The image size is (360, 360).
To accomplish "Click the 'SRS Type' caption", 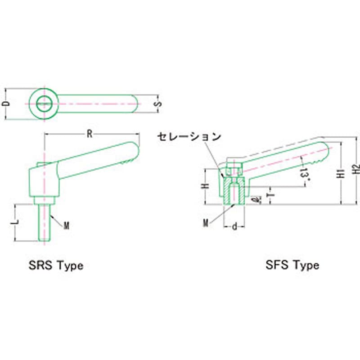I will tap(56, 265).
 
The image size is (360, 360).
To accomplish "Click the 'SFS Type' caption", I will tap(292, 265).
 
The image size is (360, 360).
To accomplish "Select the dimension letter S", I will tap(157, 104).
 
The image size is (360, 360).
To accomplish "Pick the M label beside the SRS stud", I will tap(66, 226).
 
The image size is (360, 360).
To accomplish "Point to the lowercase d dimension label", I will tap(234, 227).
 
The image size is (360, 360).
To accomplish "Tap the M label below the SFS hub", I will tap(205, 223).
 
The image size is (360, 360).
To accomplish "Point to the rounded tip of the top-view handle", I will tap(136, 104).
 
